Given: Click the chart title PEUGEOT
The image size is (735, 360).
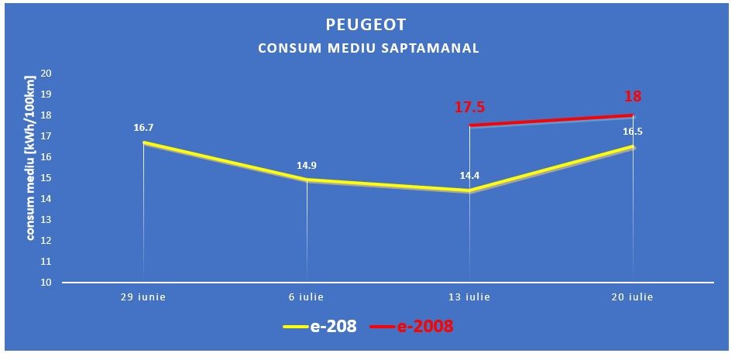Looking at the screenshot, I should (368, 25).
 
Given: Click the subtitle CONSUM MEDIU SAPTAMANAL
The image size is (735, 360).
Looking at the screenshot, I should (368, 48).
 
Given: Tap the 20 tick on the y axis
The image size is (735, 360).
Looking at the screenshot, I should (46, 74).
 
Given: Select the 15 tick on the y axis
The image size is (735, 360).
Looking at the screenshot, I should (46, 178).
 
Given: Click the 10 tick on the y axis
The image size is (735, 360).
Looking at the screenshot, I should (46, 283).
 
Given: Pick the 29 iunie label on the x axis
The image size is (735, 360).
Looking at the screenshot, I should (143, 297).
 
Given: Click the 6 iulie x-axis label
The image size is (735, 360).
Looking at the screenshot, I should (307, 297).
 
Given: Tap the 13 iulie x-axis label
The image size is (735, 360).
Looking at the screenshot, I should (470, 297).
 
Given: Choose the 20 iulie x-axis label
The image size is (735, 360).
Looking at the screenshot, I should (634, 297).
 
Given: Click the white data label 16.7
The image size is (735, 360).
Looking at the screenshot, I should (143, 127).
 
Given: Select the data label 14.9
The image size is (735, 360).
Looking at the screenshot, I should (307, 165).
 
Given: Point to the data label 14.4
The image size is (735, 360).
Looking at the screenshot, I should (469, 175).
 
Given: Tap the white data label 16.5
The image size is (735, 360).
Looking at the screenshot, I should (633, 132).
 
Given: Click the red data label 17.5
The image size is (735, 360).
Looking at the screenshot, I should (469, 108).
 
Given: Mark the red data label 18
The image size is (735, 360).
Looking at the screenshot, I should (633, 97).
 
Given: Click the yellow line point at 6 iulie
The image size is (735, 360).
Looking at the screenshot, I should (307, 180).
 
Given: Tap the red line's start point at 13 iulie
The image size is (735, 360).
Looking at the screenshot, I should (470, 125).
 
